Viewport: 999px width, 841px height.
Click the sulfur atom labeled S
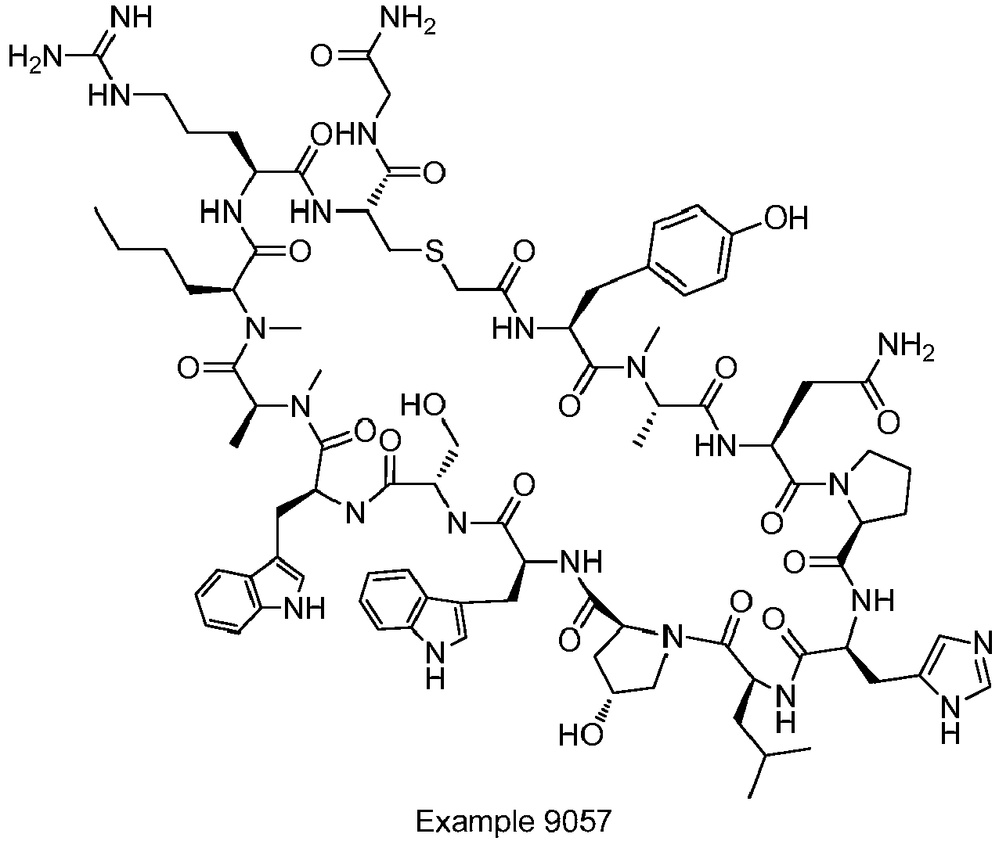tap(434, 251)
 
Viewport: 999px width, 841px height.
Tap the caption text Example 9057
tap(514, 821)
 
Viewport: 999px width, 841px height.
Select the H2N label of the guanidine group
tap(35, 59)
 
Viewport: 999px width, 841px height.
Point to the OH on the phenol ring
tap(786, 218)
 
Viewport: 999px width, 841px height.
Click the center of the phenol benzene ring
tap(691, 250)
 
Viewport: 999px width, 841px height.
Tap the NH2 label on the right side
tap(906, 347)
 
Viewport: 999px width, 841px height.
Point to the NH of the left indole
tap(305, 609)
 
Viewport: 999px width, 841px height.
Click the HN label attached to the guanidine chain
tap(109, 96)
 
